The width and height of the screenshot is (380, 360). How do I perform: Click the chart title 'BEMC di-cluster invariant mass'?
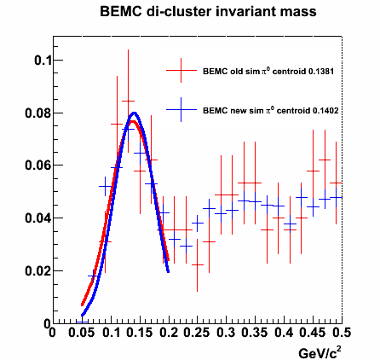pyautogui.click(x=208, y=12)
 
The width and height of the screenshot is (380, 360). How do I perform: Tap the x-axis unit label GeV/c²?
pyautogui.click(x=320, y=352)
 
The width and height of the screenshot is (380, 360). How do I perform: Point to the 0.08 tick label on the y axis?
pyautogui.click(x=36, y=113)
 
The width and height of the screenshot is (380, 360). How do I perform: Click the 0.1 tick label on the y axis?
pyautogui.click(x=41, y=61)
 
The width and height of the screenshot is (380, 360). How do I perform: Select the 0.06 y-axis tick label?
pyautogui.click(x=36, y=165)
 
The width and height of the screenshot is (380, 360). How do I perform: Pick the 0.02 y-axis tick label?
pyautogui.click(x=36, y=270)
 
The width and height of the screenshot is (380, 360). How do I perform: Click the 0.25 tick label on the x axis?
pyautogui.click(x=197, y=333)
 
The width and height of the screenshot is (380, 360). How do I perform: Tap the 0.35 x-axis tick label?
pyautogui.click(x=255, y=333)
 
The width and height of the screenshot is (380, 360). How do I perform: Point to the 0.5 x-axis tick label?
pyautogui.click(x=341, y=333)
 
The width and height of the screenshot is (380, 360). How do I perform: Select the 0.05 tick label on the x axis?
pyautogui.click(x=82, y=333)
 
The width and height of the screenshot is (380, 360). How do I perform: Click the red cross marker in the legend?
pyautogui.click(x=181, y=70)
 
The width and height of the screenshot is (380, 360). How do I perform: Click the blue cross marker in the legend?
pyautogui.click(x=181, y=110)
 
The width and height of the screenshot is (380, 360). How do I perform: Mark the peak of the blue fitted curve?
pyautogui.click(x=135, y=113)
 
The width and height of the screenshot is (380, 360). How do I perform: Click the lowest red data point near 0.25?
pyautogui.click(x=198, y=264)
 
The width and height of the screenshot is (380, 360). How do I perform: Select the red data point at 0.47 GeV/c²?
pyautogui.click(x=325, y=160)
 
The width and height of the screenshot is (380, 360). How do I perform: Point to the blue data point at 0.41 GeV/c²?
pyautogui.click(x=290, y=224)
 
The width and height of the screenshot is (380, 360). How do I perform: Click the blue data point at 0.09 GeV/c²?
pyautogui.click(x=106, y=186)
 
